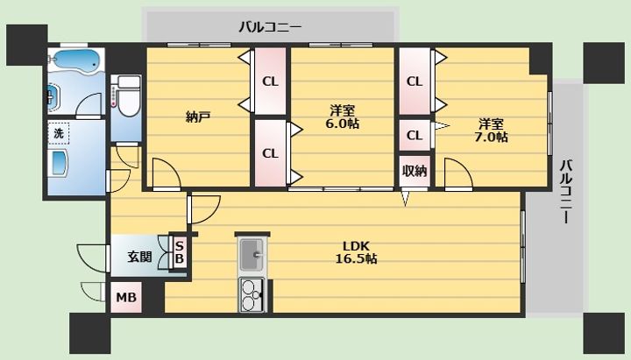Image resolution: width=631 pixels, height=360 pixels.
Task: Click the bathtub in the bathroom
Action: [x=75, y=60]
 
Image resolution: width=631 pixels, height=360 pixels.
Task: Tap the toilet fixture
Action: [x=125, y=96]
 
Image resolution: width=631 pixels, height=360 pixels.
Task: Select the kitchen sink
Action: [x=252, y=255]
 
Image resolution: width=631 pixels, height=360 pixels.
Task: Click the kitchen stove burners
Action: [x=252, y=295]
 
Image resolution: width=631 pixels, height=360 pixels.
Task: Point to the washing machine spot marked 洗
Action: [x=59, y=133]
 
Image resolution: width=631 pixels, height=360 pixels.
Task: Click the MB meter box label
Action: [x=126, y=298]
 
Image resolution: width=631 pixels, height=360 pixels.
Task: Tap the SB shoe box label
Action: [x=180, y=251]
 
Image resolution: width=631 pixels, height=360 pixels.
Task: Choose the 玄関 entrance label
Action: [x=139, y=257]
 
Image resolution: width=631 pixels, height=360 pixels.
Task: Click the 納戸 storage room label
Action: [x=198, y=116]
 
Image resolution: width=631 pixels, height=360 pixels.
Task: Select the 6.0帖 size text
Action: [x=342, y=124]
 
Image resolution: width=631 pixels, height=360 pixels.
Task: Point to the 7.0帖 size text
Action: [x=491, y=137]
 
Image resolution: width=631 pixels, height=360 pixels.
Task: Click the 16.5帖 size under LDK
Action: [x=356, y=258]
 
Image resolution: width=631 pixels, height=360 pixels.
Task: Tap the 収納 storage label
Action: [x=415, y=171]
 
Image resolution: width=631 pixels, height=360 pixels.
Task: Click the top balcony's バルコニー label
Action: [x=270, y=27]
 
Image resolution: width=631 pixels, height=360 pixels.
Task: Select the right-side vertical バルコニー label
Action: [x=567, y=192]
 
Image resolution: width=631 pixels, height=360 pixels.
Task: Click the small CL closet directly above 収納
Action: [x=415, y=135]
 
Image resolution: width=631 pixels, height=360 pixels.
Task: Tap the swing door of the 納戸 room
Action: [x=166, y=173]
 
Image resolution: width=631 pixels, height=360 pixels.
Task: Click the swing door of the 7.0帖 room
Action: [x=458, y=173]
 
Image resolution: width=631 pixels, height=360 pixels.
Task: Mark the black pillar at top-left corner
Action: [x=26, y=45]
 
